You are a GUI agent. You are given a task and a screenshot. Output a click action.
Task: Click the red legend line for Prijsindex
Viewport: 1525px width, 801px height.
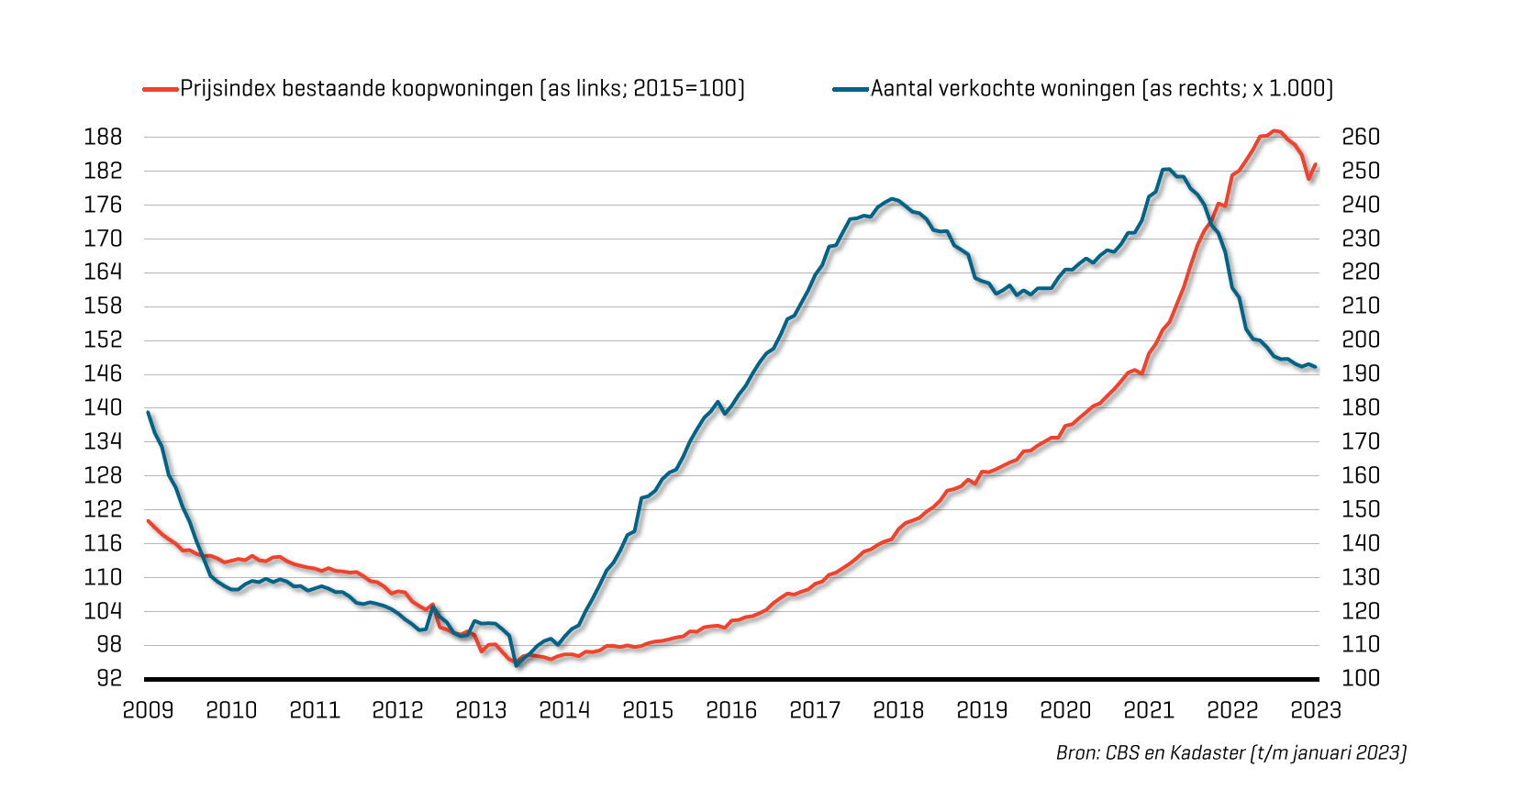pos(160,89)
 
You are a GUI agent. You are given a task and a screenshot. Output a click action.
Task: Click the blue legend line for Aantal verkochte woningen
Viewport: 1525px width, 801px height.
pos(850,89)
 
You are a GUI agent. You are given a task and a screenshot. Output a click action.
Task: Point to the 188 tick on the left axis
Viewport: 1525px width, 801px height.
pos(103,137)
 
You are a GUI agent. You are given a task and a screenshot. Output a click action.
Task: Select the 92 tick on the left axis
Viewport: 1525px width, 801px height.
pos(108,678)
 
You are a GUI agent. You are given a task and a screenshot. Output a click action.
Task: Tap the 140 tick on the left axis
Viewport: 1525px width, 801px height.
pos(103,407)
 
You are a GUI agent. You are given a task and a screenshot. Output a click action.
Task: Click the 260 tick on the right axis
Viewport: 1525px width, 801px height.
pos(1361,137)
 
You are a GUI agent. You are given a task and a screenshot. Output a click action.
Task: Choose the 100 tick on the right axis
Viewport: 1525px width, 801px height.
pos(1361,678)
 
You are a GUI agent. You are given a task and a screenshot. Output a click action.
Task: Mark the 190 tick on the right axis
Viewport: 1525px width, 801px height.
pos(1361,373)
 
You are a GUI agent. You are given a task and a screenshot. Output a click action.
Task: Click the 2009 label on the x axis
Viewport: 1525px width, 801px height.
pos(148,710)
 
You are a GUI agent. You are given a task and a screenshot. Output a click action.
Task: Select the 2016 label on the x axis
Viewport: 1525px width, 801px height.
pos(731,710)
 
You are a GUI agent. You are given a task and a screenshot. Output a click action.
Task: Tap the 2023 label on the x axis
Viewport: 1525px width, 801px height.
pos(1316,710)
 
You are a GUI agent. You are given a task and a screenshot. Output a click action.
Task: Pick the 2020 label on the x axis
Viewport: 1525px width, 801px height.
pos(1065,710)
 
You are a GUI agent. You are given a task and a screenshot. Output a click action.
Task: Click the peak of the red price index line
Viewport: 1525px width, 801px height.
pos(1275,130)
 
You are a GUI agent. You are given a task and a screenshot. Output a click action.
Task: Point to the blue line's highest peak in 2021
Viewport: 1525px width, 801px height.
pos(1166,169)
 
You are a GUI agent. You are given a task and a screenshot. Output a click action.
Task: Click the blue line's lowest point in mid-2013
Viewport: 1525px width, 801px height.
pos(517,664)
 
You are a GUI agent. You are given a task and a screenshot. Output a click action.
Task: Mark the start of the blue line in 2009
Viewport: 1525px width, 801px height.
pos(149,412)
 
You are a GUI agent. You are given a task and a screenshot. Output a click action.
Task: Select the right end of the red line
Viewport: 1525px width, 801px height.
pos(1315,165)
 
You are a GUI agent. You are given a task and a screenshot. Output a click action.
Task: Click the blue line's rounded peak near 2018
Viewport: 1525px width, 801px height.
pos(893,198)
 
